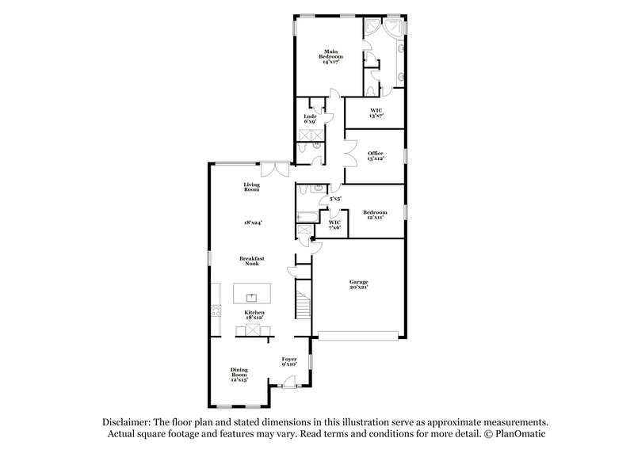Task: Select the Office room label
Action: pyautogui.click(x=376, y=155)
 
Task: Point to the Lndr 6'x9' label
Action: pyautogui.click(x=310, y=120)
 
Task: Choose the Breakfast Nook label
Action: pyautogui.click(x=253, y=261)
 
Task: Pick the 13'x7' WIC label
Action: pyautogui.click(x=376, y=112)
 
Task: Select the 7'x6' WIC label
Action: pyautogui.click(x=334, y=225)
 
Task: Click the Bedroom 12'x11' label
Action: pyautogui.click(x=375, y=215)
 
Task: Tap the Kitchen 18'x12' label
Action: pyautogui.click(x=254, y=315)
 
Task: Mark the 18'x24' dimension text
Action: pyautogui.click(x=253, y=223)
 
